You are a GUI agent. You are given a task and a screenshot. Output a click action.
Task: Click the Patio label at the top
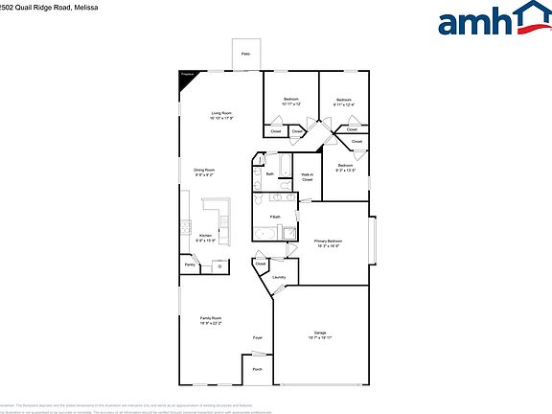245,56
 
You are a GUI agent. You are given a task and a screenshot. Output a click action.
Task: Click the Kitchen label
204,236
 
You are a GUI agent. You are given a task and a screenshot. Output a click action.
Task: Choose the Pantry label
189,265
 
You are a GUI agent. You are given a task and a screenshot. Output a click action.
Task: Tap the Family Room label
211,319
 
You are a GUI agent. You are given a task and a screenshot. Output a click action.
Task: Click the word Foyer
258,338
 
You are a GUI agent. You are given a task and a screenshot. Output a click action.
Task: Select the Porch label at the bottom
258,369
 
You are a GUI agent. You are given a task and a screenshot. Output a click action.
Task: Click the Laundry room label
279,278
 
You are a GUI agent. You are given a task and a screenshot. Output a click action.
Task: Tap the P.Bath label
275,218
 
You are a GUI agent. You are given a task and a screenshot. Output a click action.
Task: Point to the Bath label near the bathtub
270,173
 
